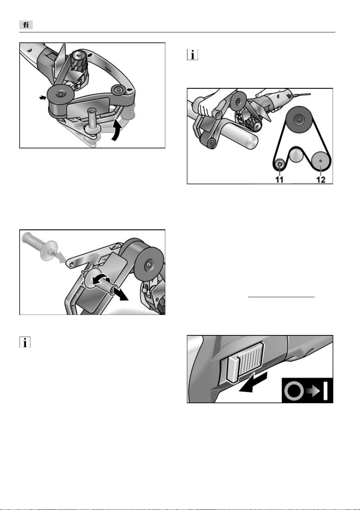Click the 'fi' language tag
(x=26, y=25)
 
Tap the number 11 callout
(x=279, y=180)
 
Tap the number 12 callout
(x=321, y=180)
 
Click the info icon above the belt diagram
(x=192, y=55)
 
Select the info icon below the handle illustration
(x=25, y=342)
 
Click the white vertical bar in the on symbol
(x=325, y=391)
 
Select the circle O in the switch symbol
(x=294, y=391)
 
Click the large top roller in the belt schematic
(x=298, y=119)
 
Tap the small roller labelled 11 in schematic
(x=279, y=163)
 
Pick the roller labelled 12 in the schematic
(x=320, y=161)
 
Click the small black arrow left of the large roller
(x=42, y=98)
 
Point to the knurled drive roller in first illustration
(x=79, y=61)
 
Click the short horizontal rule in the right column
(x=281, y=297)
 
